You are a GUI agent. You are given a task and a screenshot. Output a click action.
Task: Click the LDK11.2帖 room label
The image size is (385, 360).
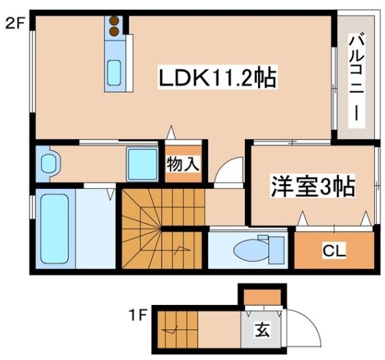[218, 77]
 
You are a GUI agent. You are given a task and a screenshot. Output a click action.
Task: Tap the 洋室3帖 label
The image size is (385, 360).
[313, 186]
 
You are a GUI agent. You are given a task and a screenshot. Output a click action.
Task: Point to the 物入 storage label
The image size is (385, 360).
[183, 164]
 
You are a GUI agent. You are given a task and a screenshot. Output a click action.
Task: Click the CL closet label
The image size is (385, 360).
[334, 250]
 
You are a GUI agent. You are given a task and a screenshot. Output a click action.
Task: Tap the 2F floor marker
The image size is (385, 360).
[15, 24]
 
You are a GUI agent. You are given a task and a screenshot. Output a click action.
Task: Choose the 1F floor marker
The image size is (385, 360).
[138, 315]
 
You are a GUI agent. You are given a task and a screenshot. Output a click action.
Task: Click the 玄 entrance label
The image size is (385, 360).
[262, 330]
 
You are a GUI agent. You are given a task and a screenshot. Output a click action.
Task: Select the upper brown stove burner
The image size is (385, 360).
[114, 21]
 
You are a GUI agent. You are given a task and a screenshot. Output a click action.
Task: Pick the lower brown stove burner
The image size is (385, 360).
[114, 31]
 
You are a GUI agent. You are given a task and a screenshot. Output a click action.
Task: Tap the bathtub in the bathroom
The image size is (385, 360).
[54, 229]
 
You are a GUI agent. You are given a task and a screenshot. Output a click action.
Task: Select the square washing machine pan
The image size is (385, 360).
[143, 164]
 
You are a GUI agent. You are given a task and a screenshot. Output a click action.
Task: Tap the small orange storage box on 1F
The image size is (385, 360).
[262, 297]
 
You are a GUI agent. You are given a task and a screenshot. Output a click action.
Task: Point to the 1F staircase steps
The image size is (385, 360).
[178, 330]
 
